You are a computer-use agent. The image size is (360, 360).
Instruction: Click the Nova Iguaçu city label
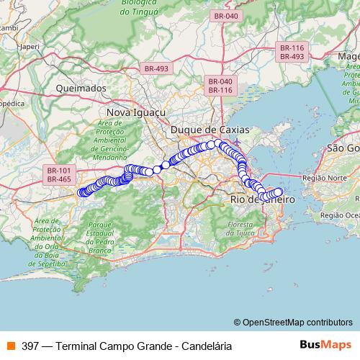pos(136,113)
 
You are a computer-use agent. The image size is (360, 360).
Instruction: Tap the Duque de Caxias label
pos(210,130)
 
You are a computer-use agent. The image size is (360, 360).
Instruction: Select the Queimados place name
pos(81,89)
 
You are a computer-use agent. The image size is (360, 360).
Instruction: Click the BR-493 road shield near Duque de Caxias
pos(156,68)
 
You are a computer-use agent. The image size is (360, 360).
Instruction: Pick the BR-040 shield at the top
pos(225,15)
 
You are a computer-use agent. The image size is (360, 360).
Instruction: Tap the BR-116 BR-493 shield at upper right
pos(292,52)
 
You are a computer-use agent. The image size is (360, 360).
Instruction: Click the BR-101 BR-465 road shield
pos(59,174)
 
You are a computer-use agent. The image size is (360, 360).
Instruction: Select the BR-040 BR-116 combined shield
pos(220,86)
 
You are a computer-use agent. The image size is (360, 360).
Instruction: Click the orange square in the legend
pos(10,346)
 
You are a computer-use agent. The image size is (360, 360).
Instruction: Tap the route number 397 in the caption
pos(31,346)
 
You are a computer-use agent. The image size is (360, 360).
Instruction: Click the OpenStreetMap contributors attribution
pos(297,323)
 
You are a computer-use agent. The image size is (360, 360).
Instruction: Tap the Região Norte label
pos(321,176)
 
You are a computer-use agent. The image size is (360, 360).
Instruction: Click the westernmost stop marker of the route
pos(81,192)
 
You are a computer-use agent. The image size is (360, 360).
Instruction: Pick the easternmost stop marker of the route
pos(279,192)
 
